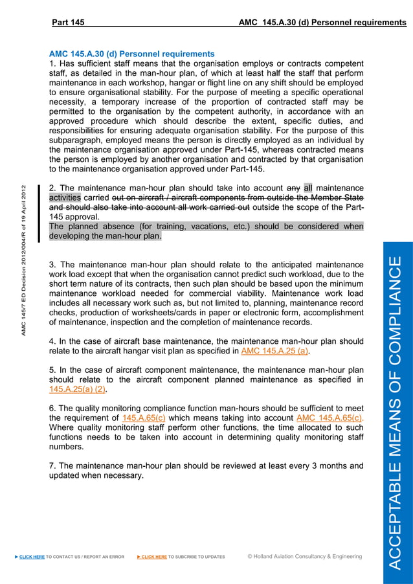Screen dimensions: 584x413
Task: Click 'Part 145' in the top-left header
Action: click(68, 23)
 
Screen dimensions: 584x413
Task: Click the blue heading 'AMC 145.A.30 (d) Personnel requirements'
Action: click(132, 54)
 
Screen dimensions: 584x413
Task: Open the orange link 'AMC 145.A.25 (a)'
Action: click(274, 351)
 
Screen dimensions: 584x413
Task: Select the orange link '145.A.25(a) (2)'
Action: click(78, 390)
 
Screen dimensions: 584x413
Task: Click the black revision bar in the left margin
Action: click(39, 214)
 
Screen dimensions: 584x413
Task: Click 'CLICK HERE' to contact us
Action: click(32, 556)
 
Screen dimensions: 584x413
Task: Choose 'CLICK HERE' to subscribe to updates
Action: click(154, 556)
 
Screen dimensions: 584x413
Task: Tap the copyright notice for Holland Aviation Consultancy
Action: click(305, 556)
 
